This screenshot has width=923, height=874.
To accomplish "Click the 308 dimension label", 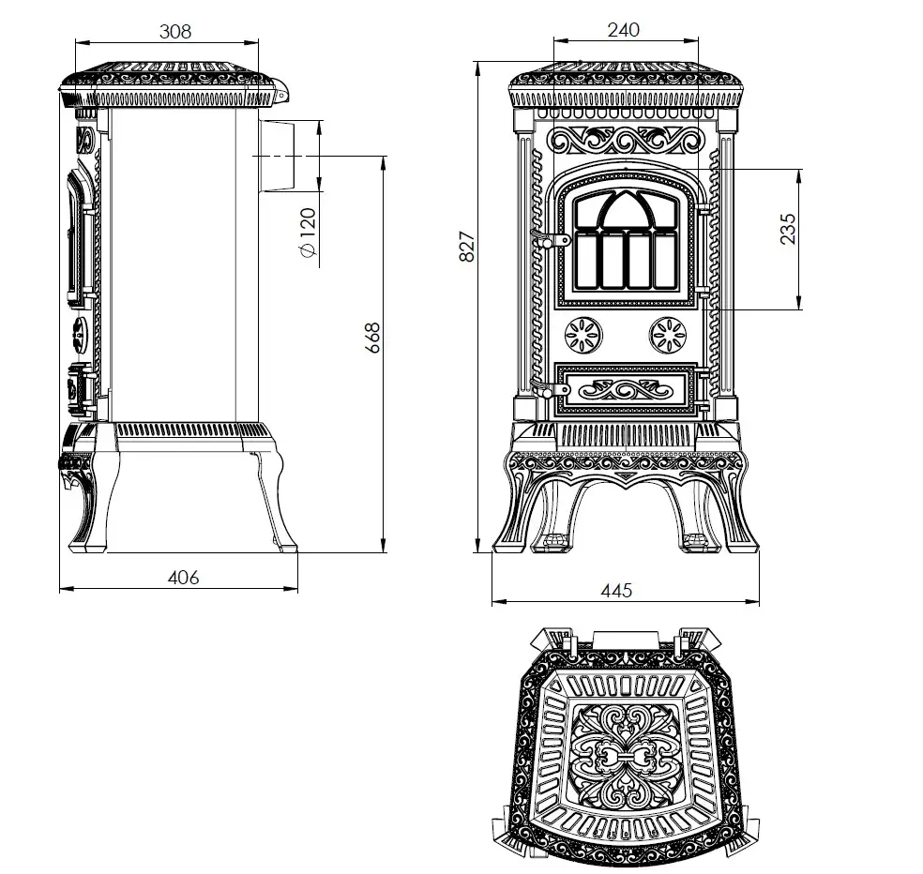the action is click(x=175, y=31).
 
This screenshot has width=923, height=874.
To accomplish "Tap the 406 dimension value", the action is click(x=183, y=578).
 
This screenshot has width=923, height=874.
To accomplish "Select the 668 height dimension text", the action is click(x=372, y=338).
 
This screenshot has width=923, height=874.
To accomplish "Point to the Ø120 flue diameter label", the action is click(x=308, y=233).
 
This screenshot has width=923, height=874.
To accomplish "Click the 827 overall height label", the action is click(x=467, y=246).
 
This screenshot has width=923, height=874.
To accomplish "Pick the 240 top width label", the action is click(x=624, y=29).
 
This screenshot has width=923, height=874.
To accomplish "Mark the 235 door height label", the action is click(x=788, y=229).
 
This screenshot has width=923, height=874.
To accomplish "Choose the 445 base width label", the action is click(x=616, y=590).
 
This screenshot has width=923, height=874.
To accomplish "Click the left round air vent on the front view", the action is click(x=583, y=336).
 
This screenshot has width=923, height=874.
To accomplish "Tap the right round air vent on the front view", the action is click(x=668, y=336).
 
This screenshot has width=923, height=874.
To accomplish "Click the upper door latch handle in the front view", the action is click(x=550, y=239).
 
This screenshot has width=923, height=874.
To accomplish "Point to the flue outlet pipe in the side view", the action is click(x=276, y=156).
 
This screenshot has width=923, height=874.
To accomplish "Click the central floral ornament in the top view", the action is click(x=626, y=756).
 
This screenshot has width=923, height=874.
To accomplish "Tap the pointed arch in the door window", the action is click(x=625, y=209).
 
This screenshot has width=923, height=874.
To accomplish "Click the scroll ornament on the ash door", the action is click(x=625, y=389).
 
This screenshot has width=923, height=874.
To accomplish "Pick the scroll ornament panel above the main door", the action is click(x=625, y=140).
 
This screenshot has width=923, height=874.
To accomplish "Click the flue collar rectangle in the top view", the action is click(x=625, y=640).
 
